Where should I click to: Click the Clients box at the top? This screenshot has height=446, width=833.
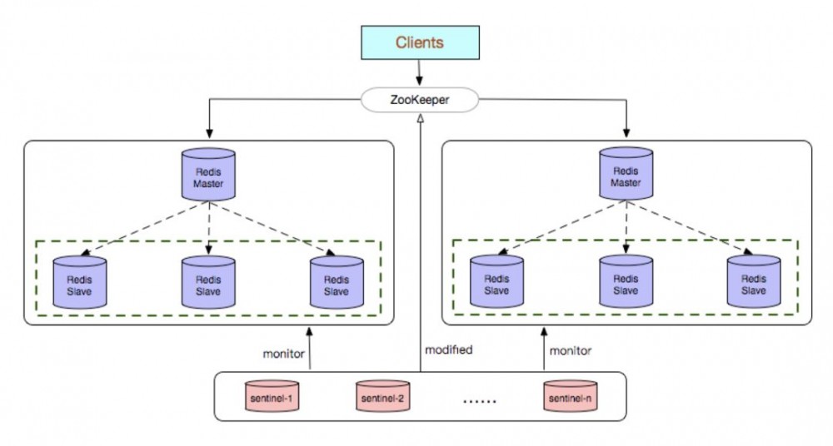click(419, 42)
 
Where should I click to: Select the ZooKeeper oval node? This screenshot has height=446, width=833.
click(419, 100)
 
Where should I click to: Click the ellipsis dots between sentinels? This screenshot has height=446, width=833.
click(479, 400)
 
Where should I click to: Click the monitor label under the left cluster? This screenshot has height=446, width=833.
click(283, 353)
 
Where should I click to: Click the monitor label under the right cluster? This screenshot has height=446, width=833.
click(571, 351)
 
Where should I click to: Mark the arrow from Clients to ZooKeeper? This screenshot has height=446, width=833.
click(419, 72)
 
